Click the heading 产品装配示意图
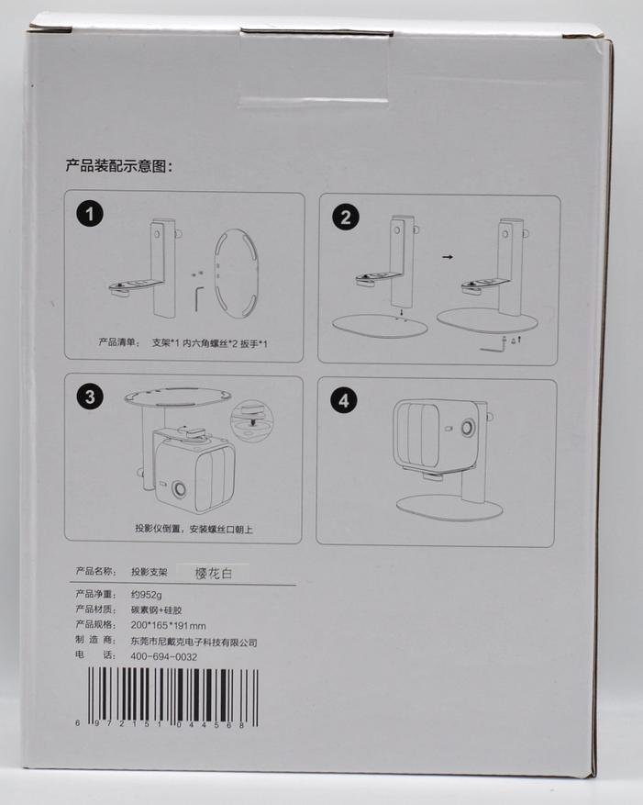119,166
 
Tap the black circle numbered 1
90,213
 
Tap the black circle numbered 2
346,217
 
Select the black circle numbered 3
90,397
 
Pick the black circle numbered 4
344,400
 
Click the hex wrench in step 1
199,299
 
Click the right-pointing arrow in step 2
448,257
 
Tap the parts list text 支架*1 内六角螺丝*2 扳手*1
209,343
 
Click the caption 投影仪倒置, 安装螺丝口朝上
194,529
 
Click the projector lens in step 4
468,428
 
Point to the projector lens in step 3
179,488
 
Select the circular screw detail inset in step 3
252,419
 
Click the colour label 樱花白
214,573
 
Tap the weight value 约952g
146,595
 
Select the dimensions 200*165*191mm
168,625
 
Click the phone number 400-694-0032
163,656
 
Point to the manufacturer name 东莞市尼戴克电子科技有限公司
194,642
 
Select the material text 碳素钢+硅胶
157,609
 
